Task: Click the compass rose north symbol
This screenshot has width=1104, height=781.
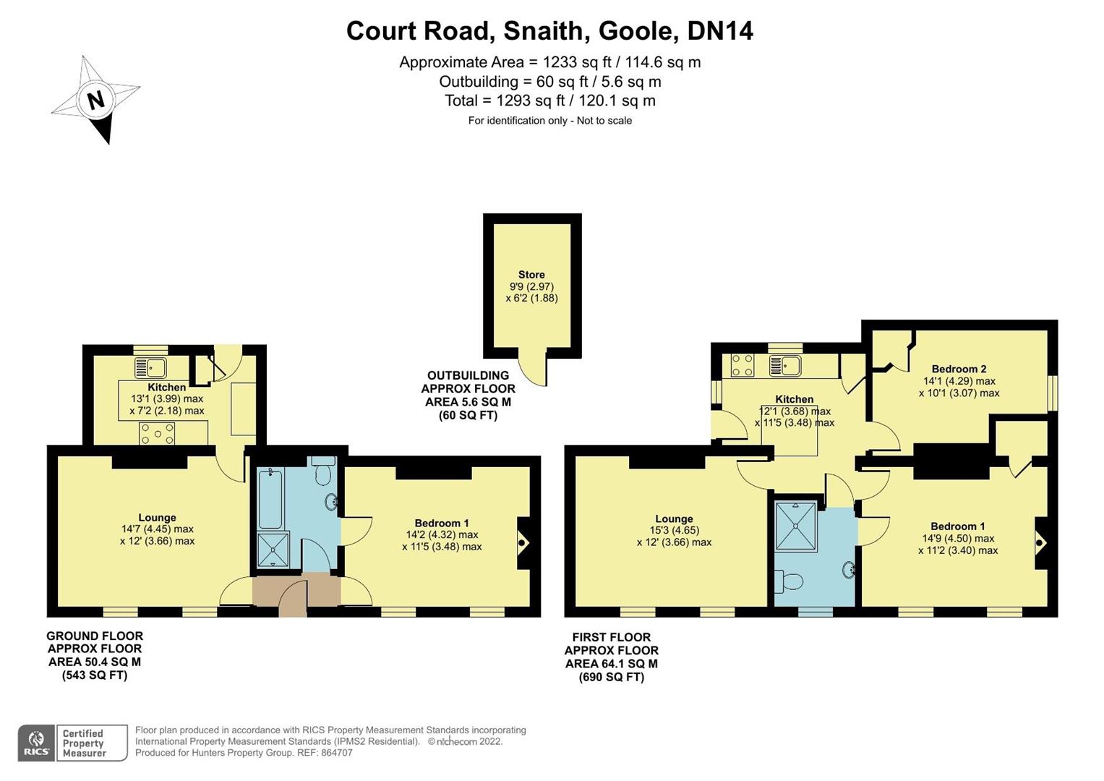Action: point(95,99)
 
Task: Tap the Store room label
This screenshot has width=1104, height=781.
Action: point(531,275)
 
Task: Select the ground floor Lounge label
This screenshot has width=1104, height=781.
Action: point(157,518)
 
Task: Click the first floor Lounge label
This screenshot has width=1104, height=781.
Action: point(674,518)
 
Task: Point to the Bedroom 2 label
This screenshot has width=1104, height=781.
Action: point(959,369)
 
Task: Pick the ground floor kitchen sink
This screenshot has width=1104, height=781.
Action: point(150,367)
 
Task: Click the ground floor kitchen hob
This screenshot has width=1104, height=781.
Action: point(157,434)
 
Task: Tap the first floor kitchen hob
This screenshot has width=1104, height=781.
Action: point(743,365)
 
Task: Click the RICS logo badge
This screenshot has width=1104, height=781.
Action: point(35,743)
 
